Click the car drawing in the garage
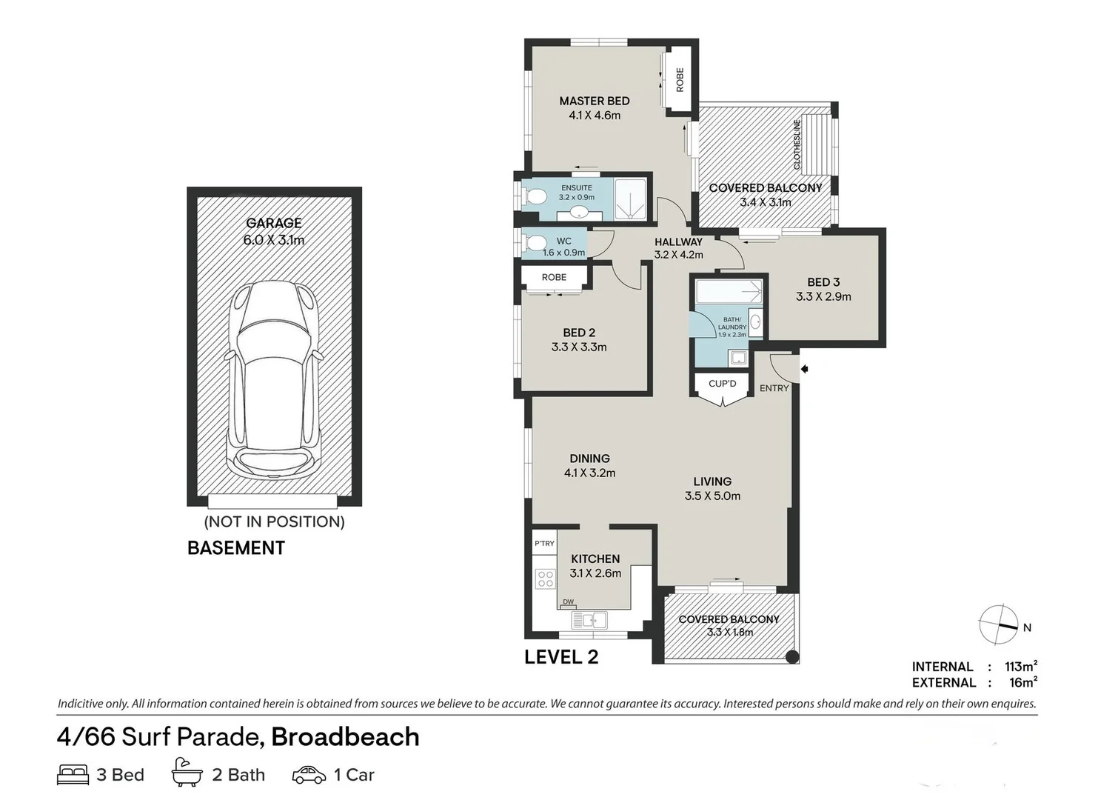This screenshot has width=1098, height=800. pyautogui.click(x=275, y=381)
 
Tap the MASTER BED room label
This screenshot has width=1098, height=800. pyautogui.click(x=594, y=101)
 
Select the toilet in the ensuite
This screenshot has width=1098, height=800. pyautogui.click(x=534, y=196)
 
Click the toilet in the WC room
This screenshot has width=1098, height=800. pyautogui.click(x=534, y=243)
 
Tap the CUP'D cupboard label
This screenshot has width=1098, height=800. pyautogui.click(x=722, y=384)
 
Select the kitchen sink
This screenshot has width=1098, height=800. pyautogui.click(x=594, y=620)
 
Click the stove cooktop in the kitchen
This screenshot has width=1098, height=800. pyautogui.click(x=545, y=579)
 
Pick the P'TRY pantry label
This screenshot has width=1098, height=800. pyautogui.click(x=544, y=544)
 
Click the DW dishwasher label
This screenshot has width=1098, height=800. pyautogui.click(x=568, y=601)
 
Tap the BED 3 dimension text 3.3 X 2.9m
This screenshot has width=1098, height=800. pyautogui.click(x=823, y=296)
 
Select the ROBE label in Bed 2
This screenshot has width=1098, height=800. pyautogui.click(x=554, y=277)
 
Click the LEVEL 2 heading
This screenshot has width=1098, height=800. pyautogui.click(x=561, y=657)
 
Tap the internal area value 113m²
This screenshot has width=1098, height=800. pyautogui.click(x=1020, y=666)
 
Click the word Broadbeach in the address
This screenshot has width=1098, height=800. pyautogui.click(x=346, y=737)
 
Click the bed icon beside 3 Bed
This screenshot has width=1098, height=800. pyautogui.click(x=73, y=775)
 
